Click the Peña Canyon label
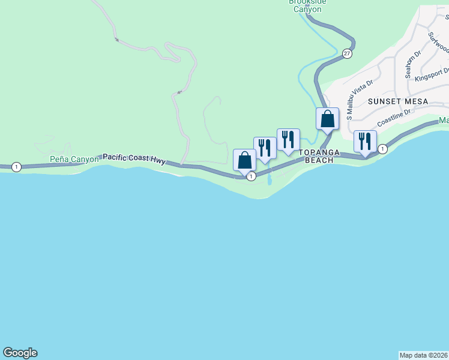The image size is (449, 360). (x=74, y=160)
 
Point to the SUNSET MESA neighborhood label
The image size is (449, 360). (x=398, y=101)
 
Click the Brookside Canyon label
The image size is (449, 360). (x=307, y=5)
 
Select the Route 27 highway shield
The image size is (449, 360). (x=347, y=54)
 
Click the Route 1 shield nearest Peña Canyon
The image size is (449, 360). (x=16, y=167)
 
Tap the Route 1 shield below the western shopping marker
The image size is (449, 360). (x=251, y=176)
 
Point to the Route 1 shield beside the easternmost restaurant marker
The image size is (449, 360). (x=382, y=148)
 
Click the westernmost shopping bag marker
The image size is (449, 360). (x=244, y=160)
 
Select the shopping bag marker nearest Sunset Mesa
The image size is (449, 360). (x=327, y=119)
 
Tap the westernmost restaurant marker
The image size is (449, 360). (x=265, y=148)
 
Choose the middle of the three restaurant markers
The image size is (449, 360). (x=288, y=139)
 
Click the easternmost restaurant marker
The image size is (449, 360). (x=365, y=142)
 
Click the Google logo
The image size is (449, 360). (x=20, y=353)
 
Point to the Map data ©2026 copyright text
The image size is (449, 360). (x=423, y=355)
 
